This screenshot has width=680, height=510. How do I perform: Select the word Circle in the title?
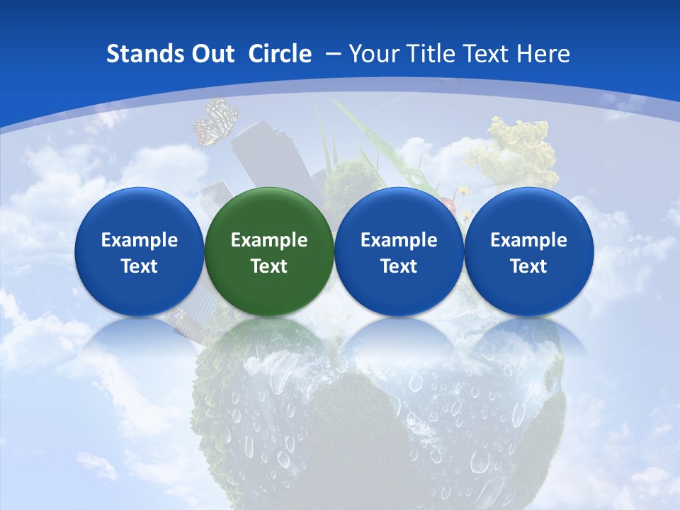click(x=280, y=54)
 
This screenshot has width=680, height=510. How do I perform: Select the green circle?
click(x=269, y=251)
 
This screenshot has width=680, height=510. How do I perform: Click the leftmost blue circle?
click(x=139, y=251)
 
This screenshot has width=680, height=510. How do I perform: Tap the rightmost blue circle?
click(x=528, y=251)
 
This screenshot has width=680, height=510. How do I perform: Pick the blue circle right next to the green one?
click(x=399, y=251)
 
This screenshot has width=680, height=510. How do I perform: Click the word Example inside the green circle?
click(x=269, y=240)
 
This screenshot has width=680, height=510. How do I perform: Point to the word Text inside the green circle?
click(x=269, y=266)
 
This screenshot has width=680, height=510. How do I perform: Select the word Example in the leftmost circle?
click(x=139, y=240)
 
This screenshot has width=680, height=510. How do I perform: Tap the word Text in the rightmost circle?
click(x=528, y=266)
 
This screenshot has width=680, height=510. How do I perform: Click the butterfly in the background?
click(x=215, y=122)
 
